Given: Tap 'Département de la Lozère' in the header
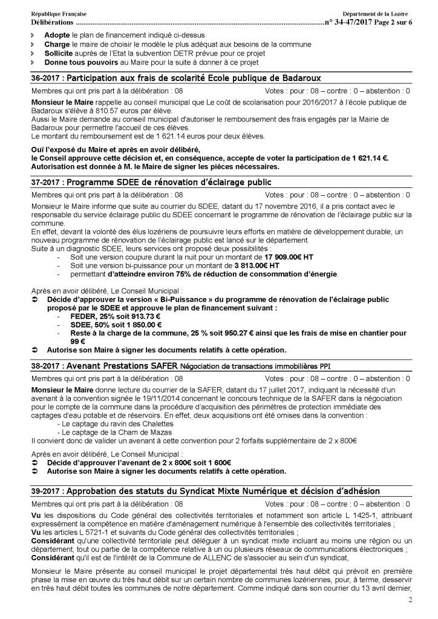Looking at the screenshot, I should click(376, 14).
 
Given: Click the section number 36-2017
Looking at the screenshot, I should click(46, 79).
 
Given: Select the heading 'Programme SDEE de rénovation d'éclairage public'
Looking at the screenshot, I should click(169, 182).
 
